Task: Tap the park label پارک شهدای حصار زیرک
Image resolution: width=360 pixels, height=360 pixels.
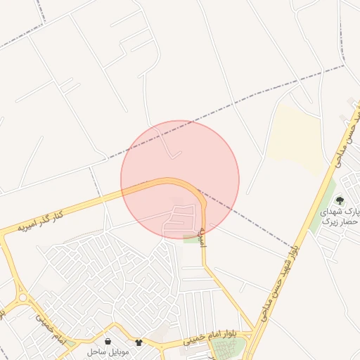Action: coord(340,216)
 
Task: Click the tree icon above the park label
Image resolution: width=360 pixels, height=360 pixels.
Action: coord(340,200)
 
